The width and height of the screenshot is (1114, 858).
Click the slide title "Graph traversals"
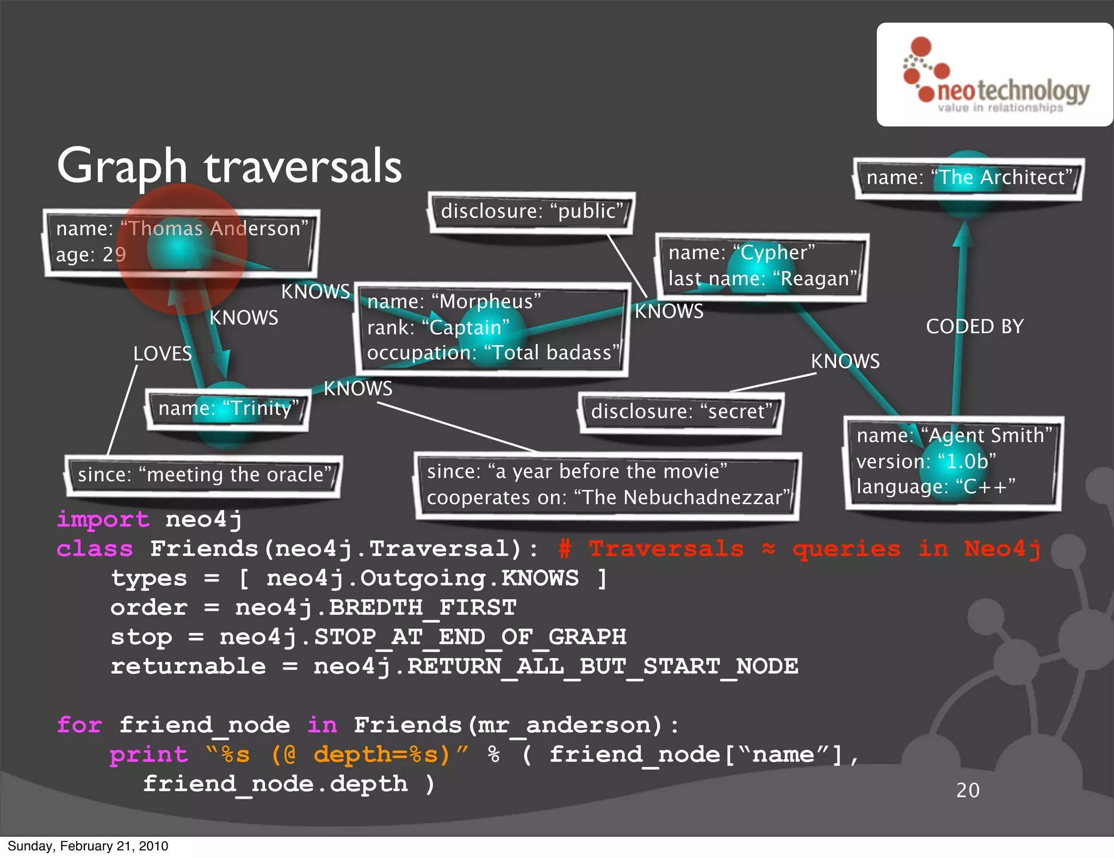pyautogui.click(x=229, y=166)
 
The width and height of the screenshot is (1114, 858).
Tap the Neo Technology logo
pyautogui.click(x=994, y=75)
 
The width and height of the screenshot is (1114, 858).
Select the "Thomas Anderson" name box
pyautogui.click(x=181, y=242)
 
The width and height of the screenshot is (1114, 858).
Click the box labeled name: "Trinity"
pyautogui.click(x=227, y=409)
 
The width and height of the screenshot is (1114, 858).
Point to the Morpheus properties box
pyautogui.click(x=492, y=328)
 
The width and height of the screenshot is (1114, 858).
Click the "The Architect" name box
pyautogui.click(x=968, y=178)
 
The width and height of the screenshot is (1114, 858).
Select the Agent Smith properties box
pyautogui.click(x=953, y=462)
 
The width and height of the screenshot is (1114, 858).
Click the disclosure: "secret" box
pyautogui.click(x=681, y=412)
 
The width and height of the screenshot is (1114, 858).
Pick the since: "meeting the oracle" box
pyautogui.click(x=203, y=475)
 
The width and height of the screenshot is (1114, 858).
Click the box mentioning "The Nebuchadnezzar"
pyautogui.click(x=607, y=485)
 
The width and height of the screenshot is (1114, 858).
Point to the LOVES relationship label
pyautogui.click(x=163, y=354)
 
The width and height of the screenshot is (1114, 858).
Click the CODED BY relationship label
pyautogui.click(x=975, y=327)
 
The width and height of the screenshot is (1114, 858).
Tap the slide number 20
pyautogui.click(x=968, y=790)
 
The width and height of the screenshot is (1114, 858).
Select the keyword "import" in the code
pyautogui.click(x=103, y=519)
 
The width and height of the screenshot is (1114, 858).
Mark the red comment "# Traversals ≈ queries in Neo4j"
pyautogui.click(x=800, y=549)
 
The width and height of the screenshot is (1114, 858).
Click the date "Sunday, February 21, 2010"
pyautogui.click(x=88, y=846)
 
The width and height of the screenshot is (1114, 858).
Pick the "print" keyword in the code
pyautogui.click(x=148, y=755)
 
